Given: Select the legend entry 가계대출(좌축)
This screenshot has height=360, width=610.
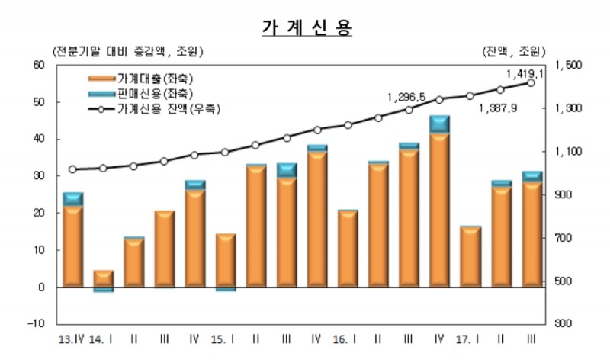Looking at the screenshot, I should (x=157, y=78).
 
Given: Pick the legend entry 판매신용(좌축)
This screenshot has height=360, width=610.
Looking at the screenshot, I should (x=157, y=93).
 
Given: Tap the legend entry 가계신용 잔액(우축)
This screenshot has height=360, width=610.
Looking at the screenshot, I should (x=169, y=108).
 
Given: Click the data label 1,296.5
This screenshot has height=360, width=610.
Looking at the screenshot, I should (x=406, y=98).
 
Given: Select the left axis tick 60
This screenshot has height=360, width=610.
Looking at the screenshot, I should (x=40, y=65).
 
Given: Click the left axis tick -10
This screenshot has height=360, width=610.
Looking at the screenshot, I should (x=37, y=324).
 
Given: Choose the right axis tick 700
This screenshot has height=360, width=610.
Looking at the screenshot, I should (x=572, y=239).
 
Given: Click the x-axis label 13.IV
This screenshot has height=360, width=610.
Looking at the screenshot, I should (x=72, y=338).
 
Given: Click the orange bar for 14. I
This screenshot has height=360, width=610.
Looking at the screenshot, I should (x=103, y=278).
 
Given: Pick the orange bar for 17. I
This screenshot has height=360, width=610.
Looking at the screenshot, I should (x=470, y=257).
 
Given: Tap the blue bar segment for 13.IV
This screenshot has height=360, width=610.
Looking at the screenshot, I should (x=72, y=199).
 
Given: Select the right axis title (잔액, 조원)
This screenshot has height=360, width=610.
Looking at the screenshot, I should (x=513, y=51).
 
